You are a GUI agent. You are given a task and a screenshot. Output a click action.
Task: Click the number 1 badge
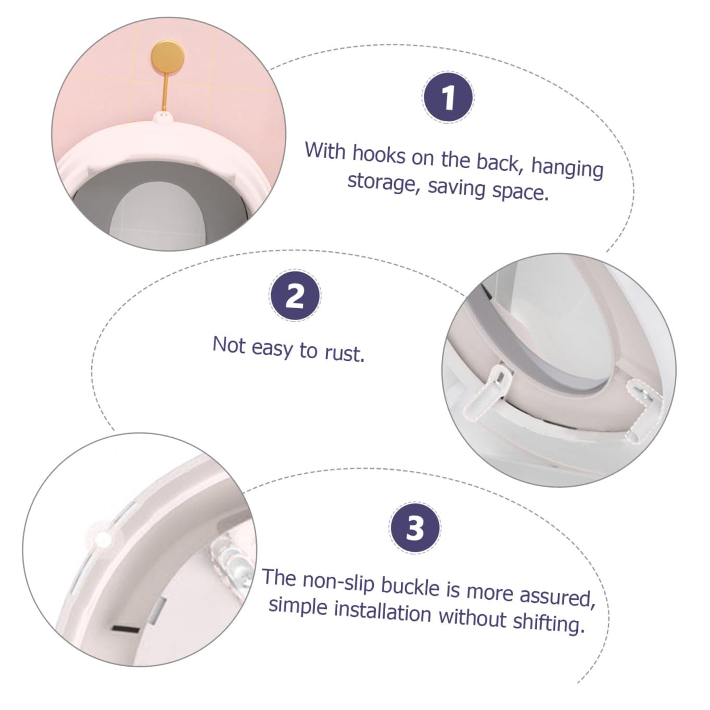point(448,97)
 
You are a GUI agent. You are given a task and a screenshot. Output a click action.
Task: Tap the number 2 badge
point(295,295)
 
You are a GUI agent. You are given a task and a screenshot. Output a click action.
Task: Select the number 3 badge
point(414,528)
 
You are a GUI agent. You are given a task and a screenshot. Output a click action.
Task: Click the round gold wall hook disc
point(168,57)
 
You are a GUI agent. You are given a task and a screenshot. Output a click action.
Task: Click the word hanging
point(567,169)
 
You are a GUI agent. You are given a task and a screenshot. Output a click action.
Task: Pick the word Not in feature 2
point(229,345)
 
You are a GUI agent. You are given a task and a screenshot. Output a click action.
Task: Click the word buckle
point(411,587)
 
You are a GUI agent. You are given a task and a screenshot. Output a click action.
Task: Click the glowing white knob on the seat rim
point(104,540)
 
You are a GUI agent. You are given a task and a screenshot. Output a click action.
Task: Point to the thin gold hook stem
point(165,93)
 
